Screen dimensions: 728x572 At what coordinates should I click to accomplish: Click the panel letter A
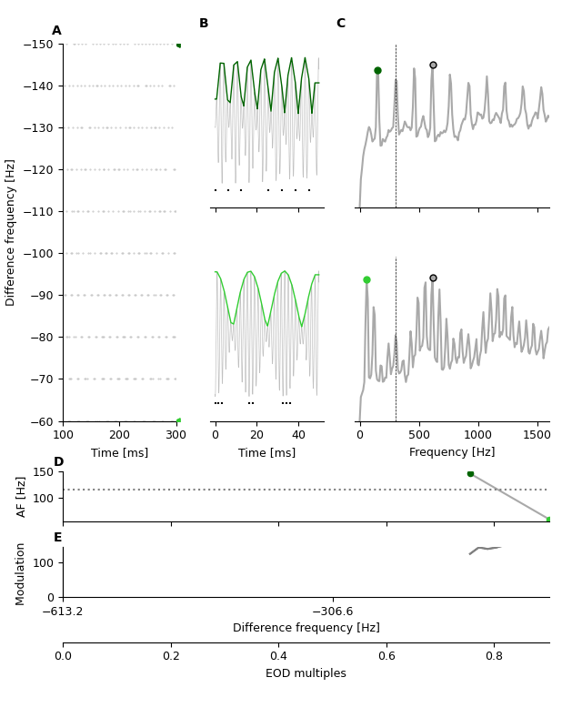[x=56, y=31]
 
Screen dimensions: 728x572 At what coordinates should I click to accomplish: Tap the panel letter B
[x=204, y=24]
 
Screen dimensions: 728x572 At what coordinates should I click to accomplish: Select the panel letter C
[x=341, y=24]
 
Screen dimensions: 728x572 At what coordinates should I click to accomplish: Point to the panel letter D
[x=58, y=462]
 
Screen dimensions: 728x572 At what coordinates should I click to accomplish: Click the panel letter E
[x=58, y=538]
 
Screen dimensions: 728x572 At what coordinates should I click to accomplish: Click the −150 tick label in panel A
[x=40, y=45]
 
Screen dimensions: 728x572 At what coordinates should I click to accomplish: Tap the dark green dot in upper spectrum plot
[x=377, y=70]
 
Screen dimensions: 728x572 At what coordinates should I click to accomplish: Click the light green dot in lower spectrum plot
[x=366, y=280]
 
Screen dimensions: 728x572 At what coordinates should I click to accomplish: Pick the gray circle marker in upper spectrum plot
[x=433, y=65]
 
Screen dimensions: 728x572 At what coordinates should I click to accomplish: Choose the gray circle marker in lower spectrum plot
[x=433, y=278]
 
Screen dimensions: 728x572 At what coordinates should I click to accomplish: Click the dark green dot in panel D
[x=470, y=473]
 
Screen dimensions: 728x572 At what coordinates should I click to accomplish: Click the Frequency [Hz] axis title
[x=452, y=452]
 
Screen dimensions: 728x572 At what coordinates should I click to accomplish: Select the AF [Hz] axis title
[x=23, y=497]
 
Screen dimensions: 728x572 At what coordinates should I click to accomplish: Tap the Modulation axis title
[x=20, y=573]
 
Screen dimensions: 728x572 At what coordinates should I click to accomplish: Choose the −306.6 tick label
[x=333, y=612]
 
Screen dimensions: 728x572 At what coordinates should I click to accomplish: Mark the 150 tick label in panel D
[x=43, y=471]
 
